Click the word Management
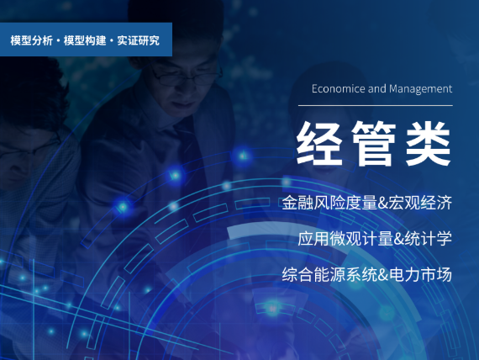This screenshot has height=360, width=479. pos(421,89)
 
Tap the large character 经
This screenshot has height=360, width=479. pos(319,143)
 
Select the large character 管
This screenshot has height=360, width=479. pos(374,143)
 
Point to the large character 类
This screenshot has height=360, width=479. pos(428,143)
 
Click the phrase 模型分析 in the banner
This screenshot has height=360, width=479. pos(31,40)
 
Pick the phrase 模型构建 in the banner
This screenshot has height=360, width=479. pos(85,40)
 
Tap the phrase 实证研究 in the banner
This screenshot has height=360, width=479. pos(138,40)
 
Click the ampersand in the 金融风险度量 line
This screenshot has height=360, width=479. pos(383,203)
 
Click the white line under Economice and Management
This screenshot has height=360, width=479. pos(376,105)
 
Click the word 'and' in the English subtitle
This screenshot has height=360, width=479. pos(377,88)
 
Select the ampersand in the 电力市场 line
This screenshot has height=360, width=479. pos(383,275)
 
